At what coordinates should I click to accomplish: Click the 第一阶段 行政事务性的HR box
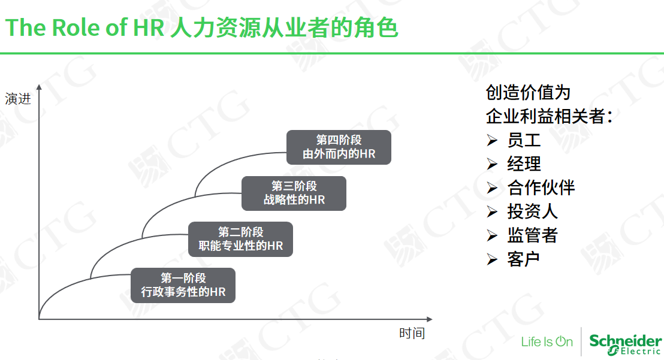(183, 285)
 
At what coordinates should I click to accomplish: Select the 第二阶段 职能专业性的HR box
(240, 239)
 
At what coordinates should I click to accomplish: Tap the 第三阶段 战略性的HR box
(294, 193)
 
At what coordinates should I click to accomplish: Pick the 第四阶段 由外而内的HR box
(339, 147)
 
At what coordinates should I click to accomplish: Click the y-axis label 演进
(18, 99)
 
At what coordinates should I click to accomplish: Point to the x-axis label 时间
(412, 334)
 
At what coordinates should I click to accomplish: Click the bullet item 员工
(524, 140)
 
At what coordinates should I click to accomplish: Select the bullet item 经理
(524, 164)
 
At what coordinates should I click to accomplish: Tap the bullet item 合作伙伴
(541, 187)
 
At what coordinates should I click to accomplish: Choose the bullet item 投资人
(533, 211)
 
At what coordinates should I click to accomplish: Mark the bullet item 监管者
(533, 235)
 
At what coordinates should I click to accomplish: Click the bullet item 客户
(523, 259)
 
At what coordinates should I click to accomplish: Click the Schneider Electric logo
(626, 344)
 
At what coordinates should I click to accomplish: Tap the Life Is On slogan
(547, 341)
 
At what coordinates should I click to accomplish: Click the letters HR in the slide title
(149, 28)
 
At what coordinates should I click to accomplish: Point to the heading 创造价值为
(528, 93)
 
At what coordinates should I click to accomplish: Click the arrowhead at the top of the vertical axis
(39, 87)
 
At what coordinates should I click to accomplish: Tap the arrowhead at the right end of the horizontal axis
(430, 319)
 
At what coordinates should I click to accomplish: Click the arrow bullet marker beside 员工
(492, 140)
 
